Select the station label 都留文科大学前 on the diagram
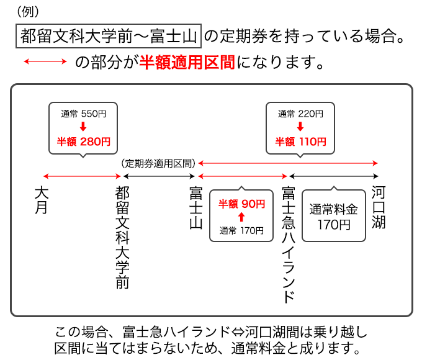tap(122, 236)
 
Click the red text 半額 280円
tap(83, 142)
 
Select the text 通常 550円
tap(83, 114)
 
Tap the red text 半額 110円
tap(300, 142)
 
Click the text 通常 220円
tap(300, 114)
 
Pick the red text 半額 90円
tap(241, 203)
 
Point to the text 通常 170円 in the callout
tap(241, 230)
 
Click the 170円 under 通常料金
tap(333, 224)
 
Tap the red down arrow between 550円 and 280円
tap(83, 127)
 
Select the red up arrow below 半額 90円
tap(241, 217)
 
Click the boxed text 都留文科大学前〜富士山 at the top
tap(108, 36)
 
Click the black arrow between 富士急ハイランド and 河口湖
tap(333, 177)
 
